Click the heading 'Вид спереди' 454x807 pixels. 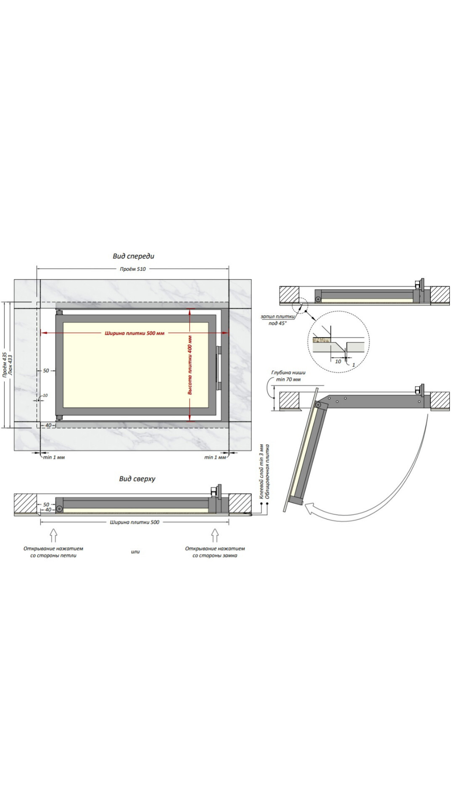point(133,256)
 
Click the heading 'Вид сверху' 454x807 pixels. point(137,479)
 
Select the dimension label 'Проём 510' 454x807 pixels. point(133,269)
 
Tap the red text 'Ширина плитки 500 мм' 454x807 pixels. point(135,333)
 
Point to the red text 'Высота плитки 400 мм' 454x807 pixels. point(190,365)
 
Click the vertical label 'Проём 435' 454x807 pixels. point(5,365)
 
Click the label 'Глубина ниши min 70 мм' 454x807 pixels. point(288,376)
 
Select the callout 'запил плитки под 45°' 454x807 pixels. point(277,320)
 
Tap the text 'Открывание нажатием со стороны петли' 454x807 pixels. point(53,552)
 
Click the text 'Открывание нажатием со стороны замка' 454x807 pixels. point(215,552)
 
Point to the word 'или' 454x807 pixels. point(135,552)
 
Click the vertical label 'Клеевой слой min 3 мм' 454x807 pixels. point(261,471)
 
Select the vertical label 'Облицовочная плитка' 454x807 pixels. point(267,471)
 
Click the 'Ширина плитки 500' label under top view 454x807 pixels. point(135,522)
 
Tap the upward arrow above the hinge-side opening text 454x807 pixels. point(53,535)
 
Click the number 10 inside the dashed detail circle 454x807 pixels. point(338,361)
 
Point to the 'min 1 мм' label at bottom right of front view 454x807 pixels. point(215,457)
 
